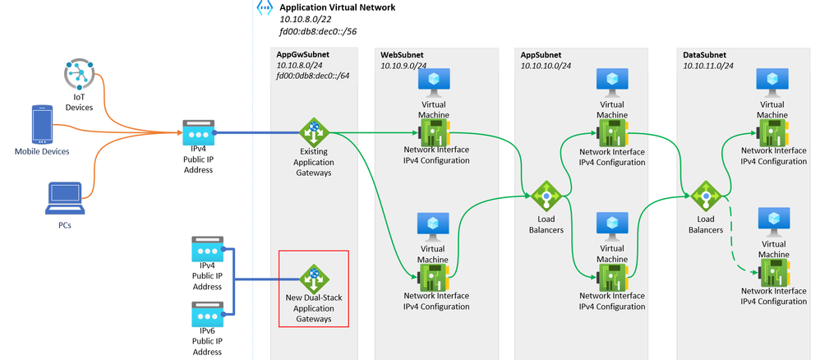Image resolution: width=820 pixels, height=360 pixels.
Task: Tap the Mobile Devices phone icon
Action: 42,124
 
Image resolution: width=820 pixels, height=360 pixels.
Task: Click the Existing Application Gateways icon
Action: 312,132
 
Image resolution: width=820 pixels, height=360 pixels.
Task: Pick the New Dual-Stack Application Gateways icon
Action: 312,276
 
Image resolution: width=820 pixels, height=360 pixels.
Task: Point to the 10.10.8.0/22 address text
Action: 305,18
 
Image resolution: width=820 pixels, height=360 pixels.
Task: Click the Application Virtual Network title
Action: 338,7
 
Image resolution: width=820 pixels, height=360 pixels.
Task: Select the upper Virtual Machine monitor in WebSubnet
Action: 432,81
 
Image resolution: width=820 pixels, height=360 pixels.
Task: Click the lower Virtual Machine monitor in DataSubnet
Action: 772,221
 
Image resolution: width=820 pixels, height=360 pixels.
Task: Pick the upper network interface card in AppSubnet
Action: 612,133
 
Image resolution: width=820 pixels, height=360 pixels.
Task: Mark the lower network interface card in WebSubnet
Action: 434,277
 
